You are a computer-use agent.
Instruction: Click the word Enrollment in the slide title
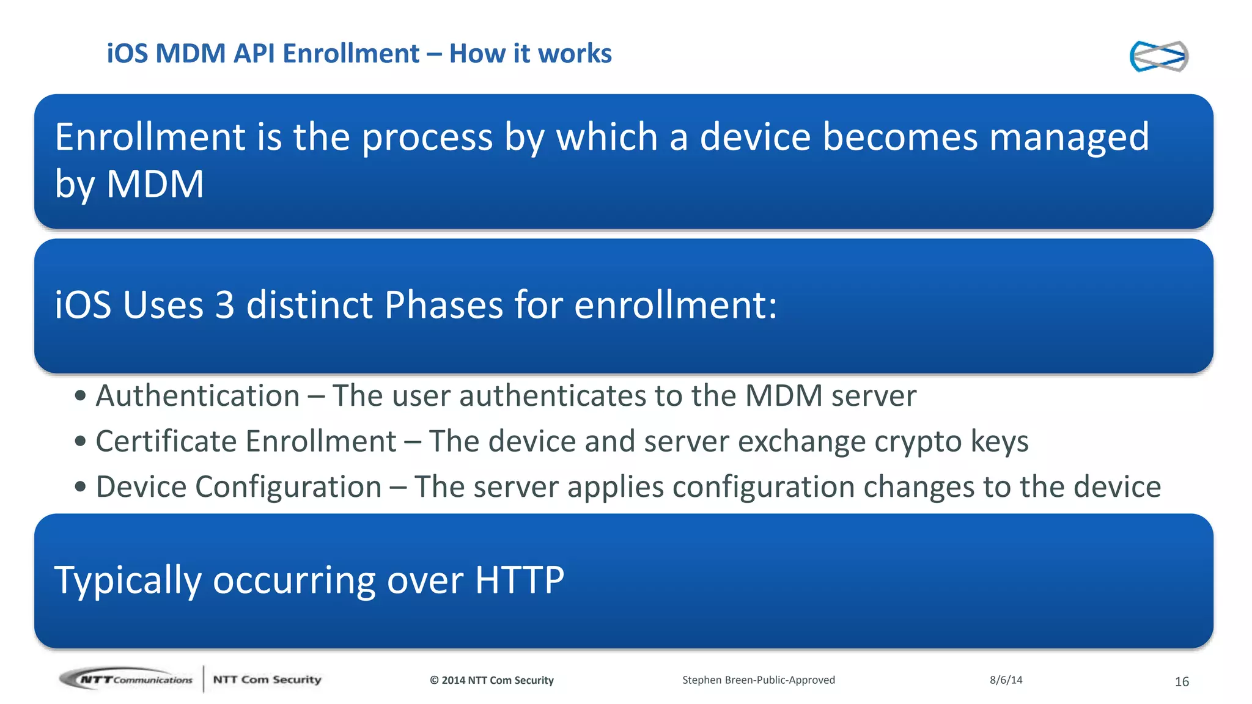(351, 54)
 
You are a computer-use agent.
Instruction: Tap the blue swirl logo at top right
(1158, 56)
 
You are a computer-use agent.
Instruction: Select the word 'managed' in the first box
(1069, 137)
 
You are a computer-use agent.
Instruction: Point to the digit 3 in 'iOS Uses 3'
(224, 304)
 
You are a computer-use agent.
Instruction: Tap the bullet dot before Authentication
(80, 395)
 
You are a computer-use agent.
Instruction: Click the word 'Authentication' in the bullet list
(197, 395)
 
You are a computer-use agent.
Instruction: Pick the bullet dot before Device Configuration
(80, 487)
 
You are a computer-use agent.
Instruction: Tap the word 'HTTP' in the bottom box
(519, 579)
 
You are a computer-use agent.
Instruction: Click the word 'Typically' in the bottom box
(127, 579)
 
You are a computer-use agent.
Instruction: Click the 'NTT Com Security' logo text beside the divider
(267, 680)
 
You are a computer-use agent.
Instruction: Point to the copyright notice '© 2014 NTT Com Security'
(492, 680)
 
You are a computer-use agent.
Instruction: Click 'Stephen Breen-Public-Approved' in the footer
(758, 680)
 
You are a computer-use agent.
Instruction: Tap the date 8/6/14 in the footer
(1006, 680)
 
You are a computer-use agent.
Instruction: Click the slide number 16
(1182, 681)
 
